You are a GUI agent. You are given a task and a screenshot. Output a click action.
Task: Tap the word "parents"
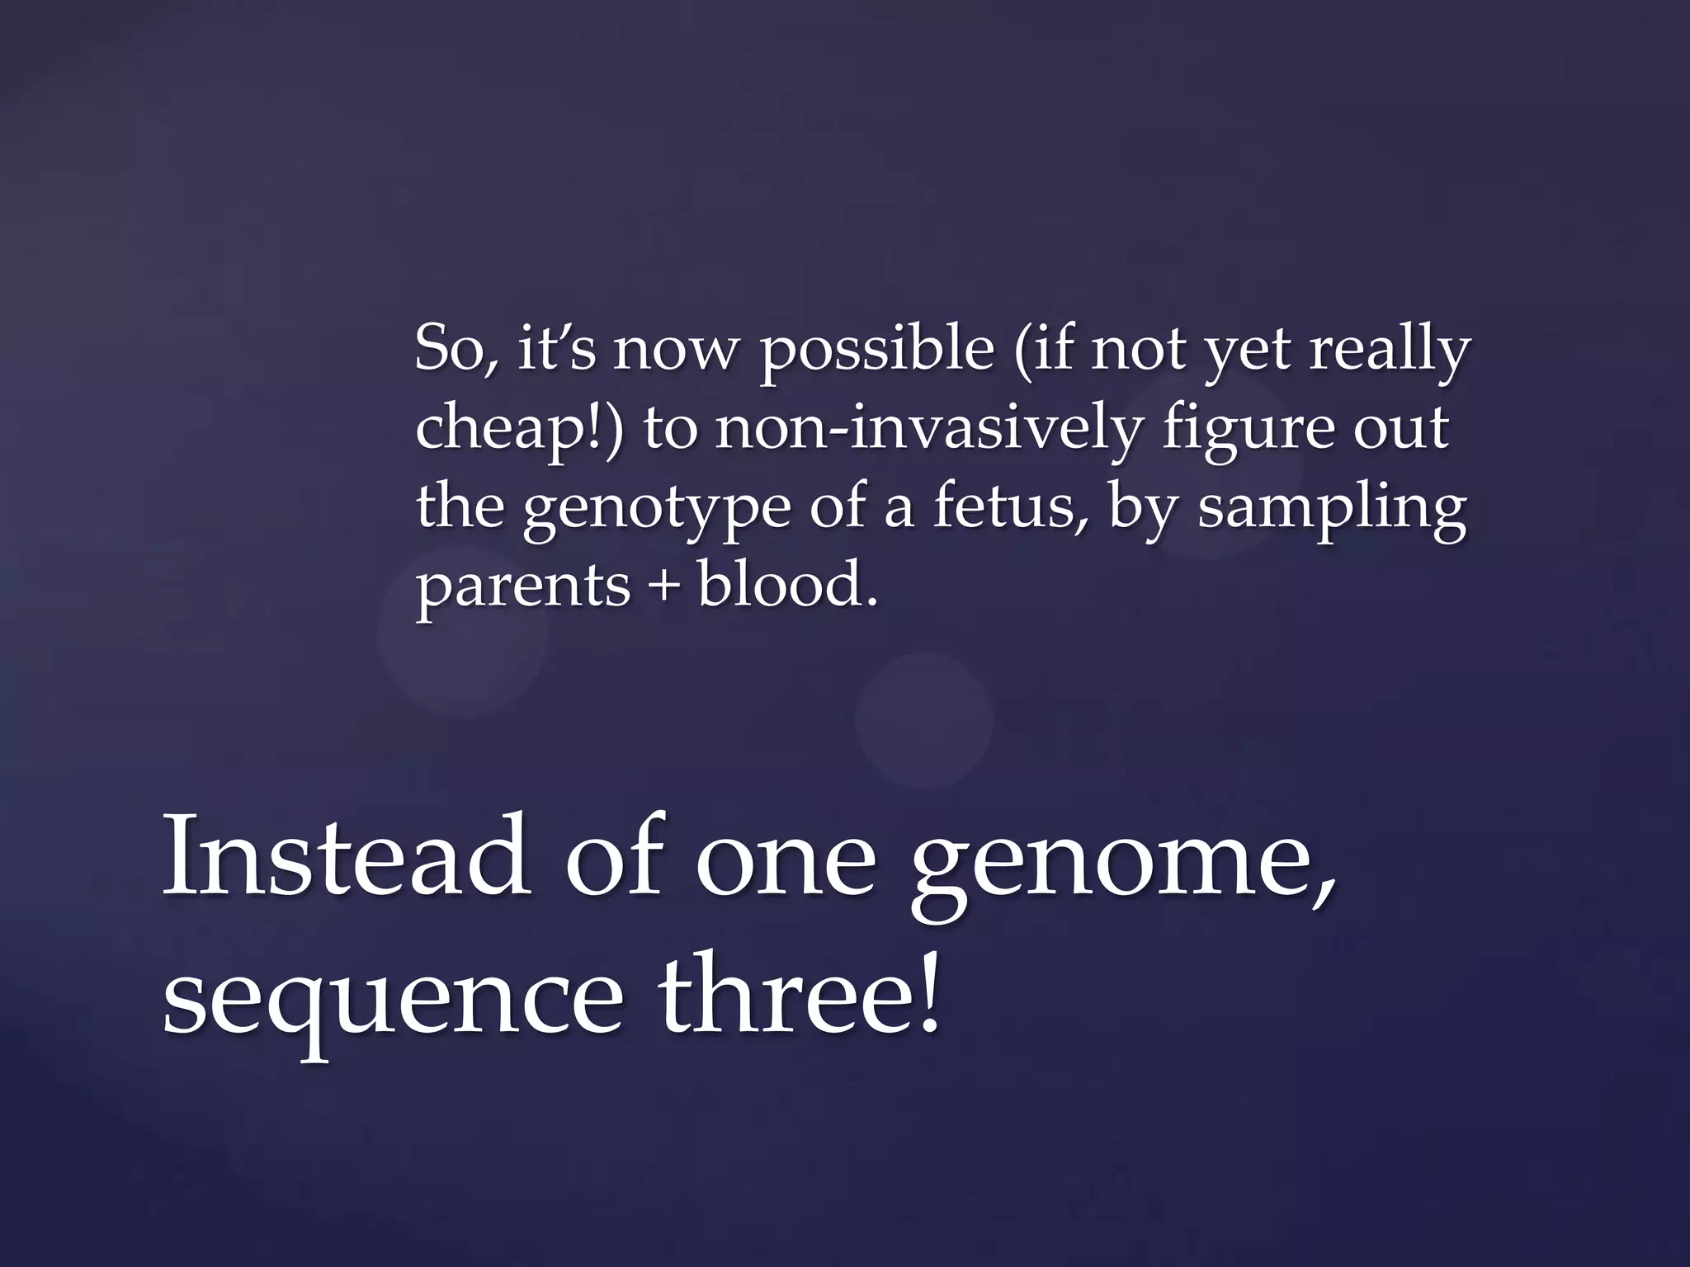tap(523, 587)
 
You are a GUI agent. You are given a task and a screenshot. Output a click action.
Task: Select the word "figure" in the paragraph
tap(1246, 431)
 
